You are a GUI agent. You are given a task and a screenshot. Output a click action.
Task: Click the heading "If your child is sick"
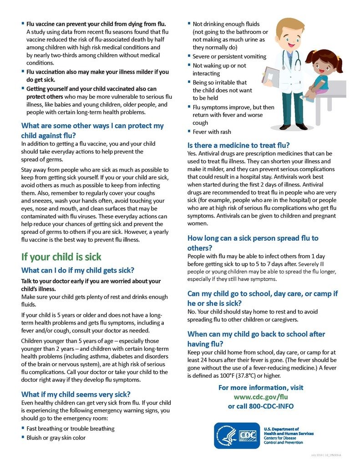[61, 257]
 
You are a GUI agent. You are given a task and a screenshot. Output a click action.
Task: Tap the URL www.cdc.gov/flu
[261, 397]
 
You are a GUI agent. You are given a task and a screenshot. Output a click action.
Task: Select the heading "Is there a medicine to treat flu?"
[238, 146]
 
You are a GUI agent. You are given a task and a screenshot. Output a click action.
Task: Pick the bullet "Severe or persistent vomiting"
[229, 56]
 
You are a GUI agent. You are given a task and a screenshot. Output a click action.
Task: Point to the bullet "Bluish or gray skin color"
[56, 438]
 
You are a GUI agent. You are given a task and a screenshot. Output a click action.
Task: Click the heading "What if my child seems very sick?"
[72, 394]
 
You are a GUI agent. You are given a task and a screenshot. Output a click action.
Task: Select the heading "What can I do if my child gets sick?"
[78, 270]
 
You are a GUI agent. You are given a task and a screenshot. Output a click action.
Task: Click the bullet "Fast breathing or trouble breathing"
[71, 429]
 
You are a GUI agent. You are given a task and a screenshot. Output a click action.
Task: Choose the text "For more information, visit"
[261, 388]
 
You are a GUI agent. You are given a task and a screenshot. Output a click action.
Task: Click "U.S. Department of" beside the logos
[282, 429]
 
